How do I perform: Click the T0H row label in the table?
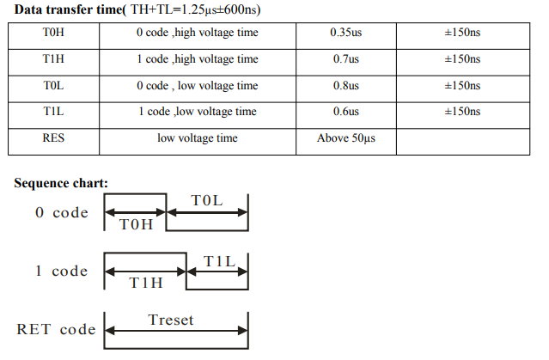pyautogui.click(x=53, y=32)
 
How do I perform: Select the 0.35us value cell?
pyautogui.click(x=346, y=32)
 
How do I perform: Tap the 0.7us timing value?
pyautogui.click(x=346, y=58)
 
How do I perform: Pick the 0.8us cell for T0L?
pyautogui.click(x=346, y=85)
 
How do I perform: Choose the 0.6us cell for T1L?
pyautogui.click(x=346, y=112)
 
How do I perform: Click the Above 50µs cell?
pyautogui.click(x=346, y=138)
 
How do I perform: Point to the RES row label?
pyautogui.click(x=53, y=137)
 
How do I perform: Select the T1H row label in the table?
pyautogui.click(x=53, y=58)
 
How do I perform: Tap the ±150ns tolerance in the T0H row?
pyautogui.click(x=462, y=32)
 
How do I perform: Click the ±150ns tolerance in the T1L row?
pyautogui.click(x=462, y=112)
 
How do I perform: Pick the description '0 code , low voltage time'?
pyautogui.click(x=198, y=85)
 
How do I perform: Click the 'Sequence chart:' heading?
pyautogui.click(x=61, y=183)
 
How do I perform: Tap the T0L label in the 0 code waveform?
pyautogui.click(x=207, y=201)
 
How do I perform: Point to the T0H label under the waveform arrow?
pyautogui.click(x=137, y=224)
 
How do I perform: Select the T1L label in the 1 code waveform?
pyautogui.click(x=220, y=261)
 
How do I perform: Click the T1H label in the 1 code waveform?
pyautogui.click(x=146, y=283)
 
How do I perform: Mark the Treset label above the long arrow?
pyautogui.click(x=171, y=320)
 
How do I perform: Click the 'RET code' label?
pyautogui.click(x=56, y=329)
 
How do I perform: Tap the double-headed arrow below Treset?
pyautogui.click(x=176, y=330)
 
